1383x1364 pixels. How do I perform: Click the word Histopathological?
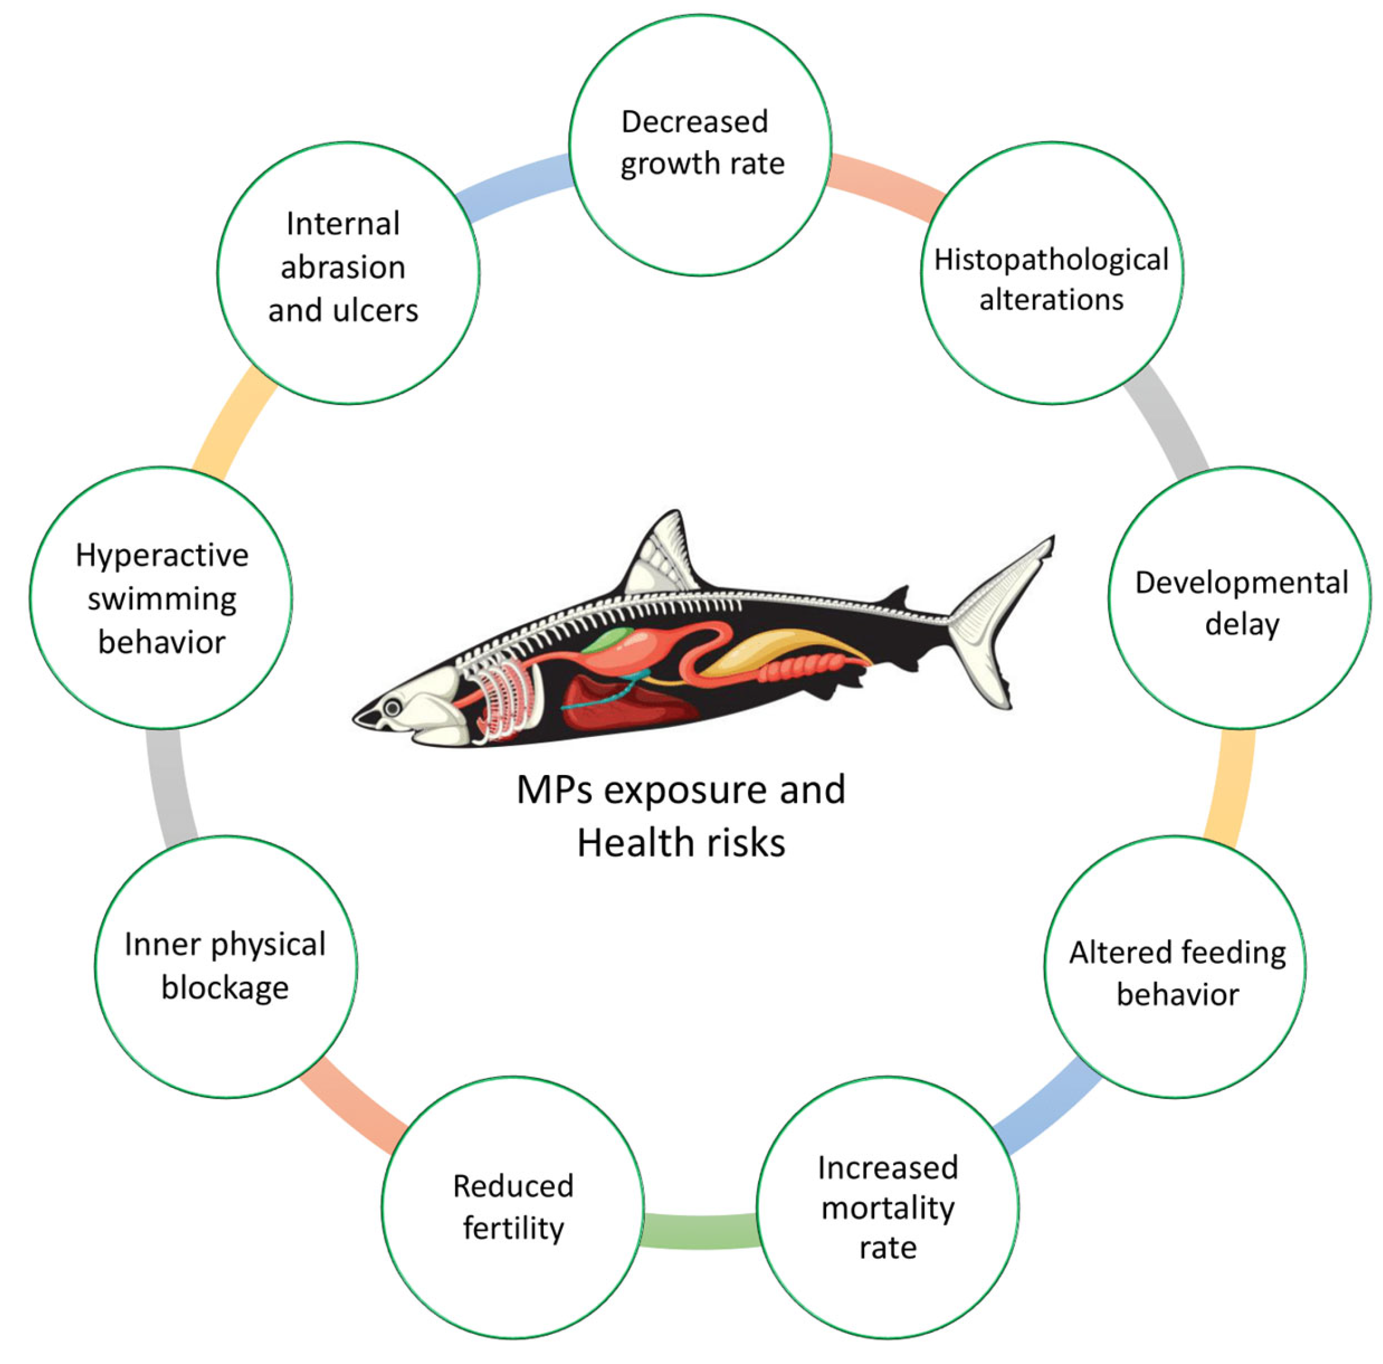1051,260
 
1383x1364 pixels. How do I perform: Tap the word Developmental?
1241,583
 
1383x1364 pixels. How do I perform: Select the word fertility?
513,1228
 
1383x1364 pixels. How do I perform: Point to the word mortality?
887,1208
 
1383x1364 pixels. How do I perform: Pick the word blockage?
225,988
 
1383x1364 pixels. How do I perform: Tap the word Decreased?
694,122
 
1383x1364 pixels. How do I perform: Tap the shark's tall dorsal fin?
662,555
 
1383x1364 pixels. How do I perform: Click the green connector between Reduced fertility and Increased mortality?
700,1232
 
